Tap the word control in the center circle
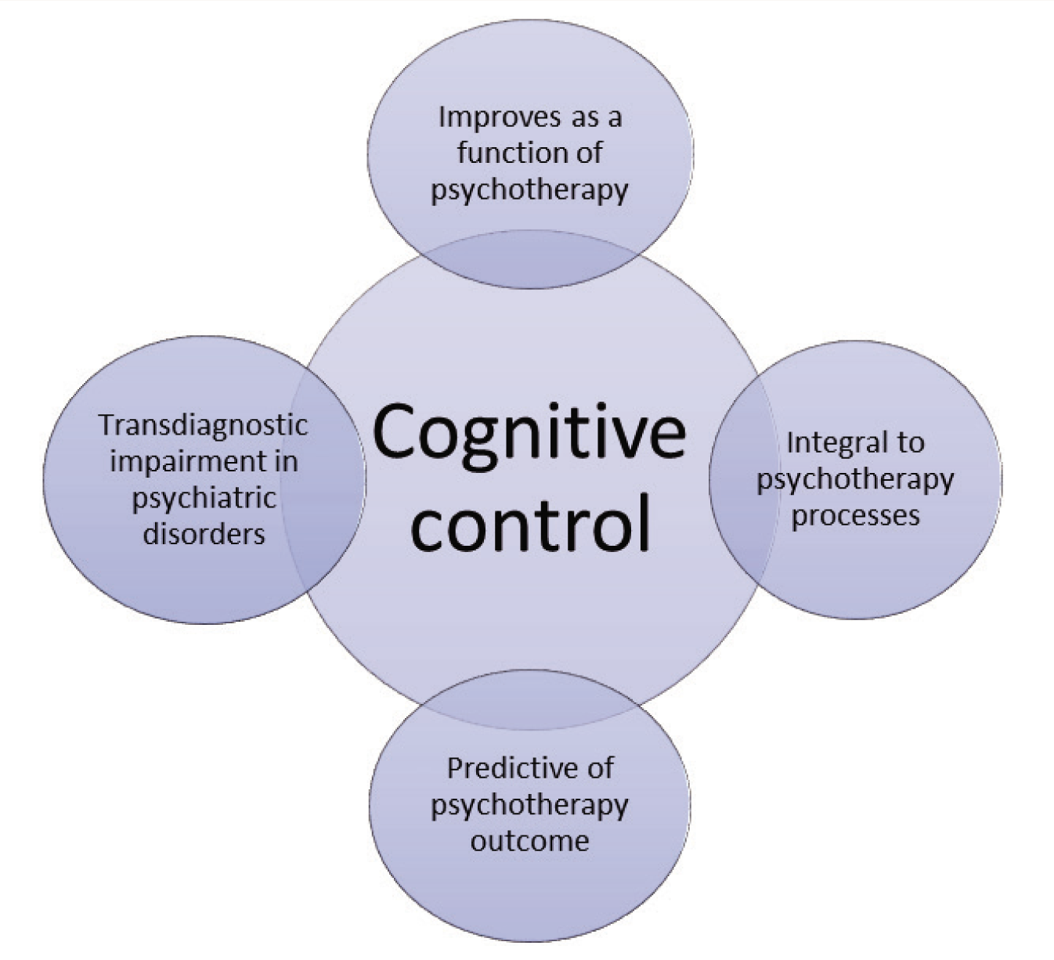tap(531, 522)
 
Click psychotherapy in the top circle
tap(529, 190)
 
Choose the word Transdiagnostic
tap(204, 425)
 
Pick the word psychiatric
tap(204, 499)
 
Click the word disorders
tap(204, 534)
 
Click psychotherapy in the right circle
tap(855, 480)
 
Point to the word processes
tap(856, 516)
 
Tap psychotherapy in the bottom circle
tap(529, 806)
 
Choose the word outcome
tap(529, 841)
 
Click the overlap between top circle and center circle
tap(529, 259)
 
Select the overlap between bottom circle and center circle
tap(530, 699)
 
